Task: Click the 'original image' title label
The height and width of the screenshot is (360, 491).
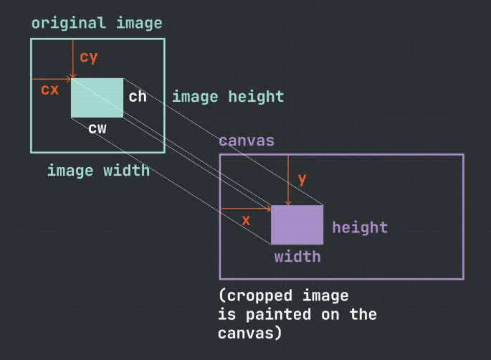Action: coord(97,23)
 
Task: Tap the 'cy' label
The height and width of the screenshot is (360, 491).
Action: coord(89,56)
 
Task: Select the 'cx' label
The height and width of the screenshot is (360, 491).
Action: coord(49,90)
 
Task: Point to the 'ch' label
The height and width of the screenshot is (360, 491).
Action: coord(138,96)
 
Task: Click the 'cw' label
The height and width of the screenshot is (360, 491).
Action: coord(97,128)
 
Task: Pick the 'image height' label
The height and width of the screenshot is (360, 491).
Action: coord(228,96)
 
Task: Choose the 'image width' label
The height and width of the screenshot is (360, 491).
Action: coord(98,170)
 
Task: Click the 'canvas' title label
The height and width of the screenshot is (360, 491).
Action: coord(247,141)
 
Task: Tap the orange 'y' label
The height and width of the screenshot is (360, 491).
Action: coord(302,179)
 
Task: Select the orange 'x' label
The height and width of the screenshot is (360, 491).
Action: coord(246,220)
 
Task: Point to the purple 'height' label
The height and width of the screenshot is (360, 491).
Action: coord(360,227)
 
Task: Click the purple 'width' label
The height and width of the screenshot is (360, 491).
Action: coord(297,256)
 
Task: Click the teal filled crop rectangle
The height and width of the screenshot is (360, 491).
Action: coord(97,98)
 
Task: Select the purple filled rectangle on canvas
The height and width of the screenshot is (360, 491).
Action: coord(297,224)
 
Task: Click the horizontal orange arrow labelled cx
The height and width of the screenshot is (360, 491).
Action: coord(52,79)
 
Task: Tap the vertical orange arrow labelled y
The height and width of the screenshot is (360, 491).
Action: coord(288,180)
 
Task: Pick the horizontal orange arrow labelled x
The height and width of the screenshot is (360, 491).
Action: coord(245,209)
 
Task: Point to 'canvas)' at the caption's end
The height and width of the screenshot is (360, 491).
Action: coord(249,333)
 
